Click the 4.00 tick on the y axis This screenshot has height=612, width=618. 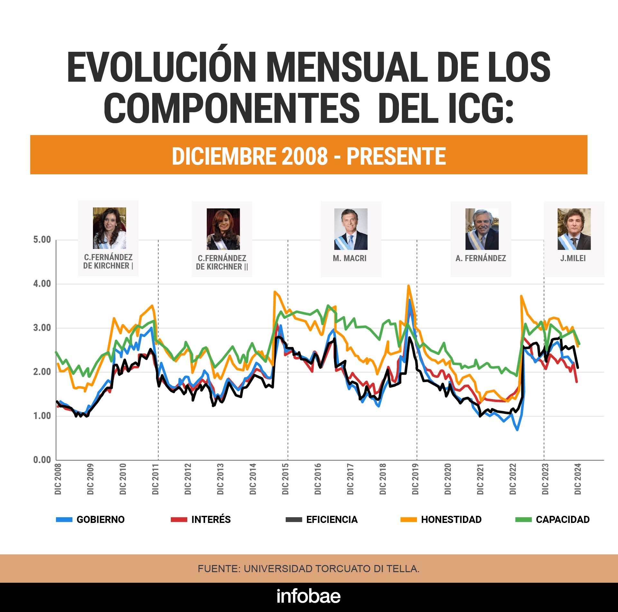(42, 284)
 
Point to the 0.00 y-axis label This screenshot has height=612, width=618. (42, 460)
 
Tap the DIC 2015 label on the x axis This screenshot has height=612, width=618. (285, 479)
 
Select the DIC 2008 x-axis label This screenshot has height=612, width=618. (58, 479)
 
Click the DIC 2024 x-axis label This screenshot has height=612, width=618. (578, 479)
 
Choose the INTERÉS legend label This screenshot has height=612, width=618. (211, 519)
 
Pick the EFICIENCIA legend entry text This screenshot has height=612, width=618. (332, 519)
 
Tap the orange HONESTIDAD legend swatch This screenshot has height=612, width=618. (409, 519)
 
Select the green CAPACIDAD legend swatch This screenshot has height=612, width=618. (523, 519)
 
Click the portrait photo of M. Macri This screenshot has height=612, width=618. (351, 229)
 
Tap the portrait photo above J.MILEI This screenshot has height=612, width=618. (574, 229)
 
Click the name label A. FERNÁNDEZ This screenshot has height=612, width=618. (481, 258)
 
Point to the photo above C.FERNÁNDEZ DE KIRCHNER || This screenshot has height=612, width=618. (223, 229)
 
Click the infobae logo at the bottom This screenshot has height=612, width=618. (309, 597)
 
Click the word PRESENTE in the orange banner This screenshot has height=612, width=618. (396, 156)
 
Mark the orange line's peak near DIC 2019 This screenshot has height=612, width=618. (409, 286)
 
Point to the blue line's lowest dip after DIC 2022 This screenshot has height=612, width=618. (517, 430)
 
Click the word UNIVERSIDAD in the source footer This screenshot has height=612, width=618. (278, 569)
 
